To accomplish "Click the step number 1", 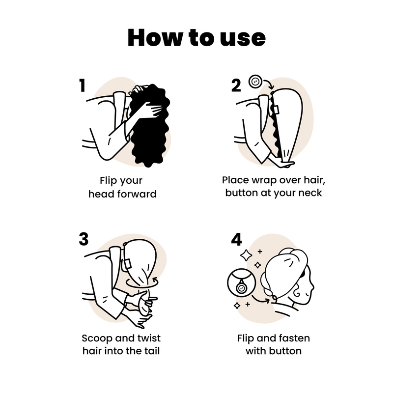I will click(x=82, y=85).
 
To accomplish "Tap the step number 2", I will click(x=236, y=85).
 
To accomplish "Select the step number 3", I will click(x=84, y=239).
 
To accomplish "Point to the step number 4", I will click(x=237, y=239).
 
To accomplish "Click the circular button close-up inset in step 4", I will click(x=241, y=287).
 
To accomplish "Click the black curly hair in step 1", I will click(x=150, y=128).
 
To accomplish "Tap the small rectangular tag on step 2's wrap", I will click(x=276, y=109).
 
